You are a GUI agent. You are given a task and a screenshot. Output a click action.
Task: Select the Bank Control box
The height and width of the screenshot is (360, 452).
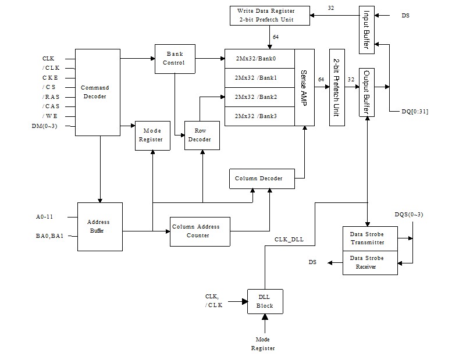pos(175,59)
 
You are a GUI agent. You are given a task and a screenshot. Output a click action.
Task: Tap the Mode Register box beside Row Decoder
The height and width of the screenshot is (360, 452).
pos(152,135)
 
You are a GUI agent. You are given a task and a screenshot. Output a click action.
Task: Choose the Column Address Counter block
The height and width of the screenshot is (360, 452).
pos(199,231)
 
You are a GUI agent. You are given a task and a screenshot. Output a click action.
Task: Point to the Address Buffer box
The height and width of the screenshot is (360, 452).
pos(99,226)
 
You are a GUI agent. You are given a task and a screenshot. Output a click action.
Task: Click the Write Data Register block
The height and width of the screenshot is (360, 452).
pos(265,15)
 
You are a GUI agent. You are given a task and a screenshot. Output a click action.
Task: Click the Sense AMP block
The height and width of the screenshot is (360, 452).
pos(304,87)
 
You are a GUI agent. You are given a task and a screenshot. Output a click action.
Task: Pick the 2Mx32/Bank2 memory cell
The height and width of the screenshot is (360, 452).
pos(259,97)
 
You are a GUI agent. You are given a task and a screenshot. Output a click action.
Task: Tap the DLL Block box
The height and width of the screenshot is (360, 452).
pos(265,301)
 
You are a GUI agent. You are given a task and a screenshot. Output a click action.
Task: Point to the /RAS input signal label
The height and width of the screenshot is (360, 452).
pos(51,97)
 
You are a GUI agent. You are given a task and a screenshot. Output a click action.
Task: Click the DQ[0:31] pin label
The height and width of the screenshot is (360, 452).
pos(415,112)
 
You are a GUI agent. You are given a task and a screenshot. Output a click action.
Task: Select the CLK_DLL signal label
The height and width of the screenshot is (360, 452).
pos(289,239)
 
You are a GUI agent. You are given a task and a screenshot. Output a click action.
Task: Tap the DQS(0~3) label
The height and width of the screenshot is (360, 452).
pos(409,214)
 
